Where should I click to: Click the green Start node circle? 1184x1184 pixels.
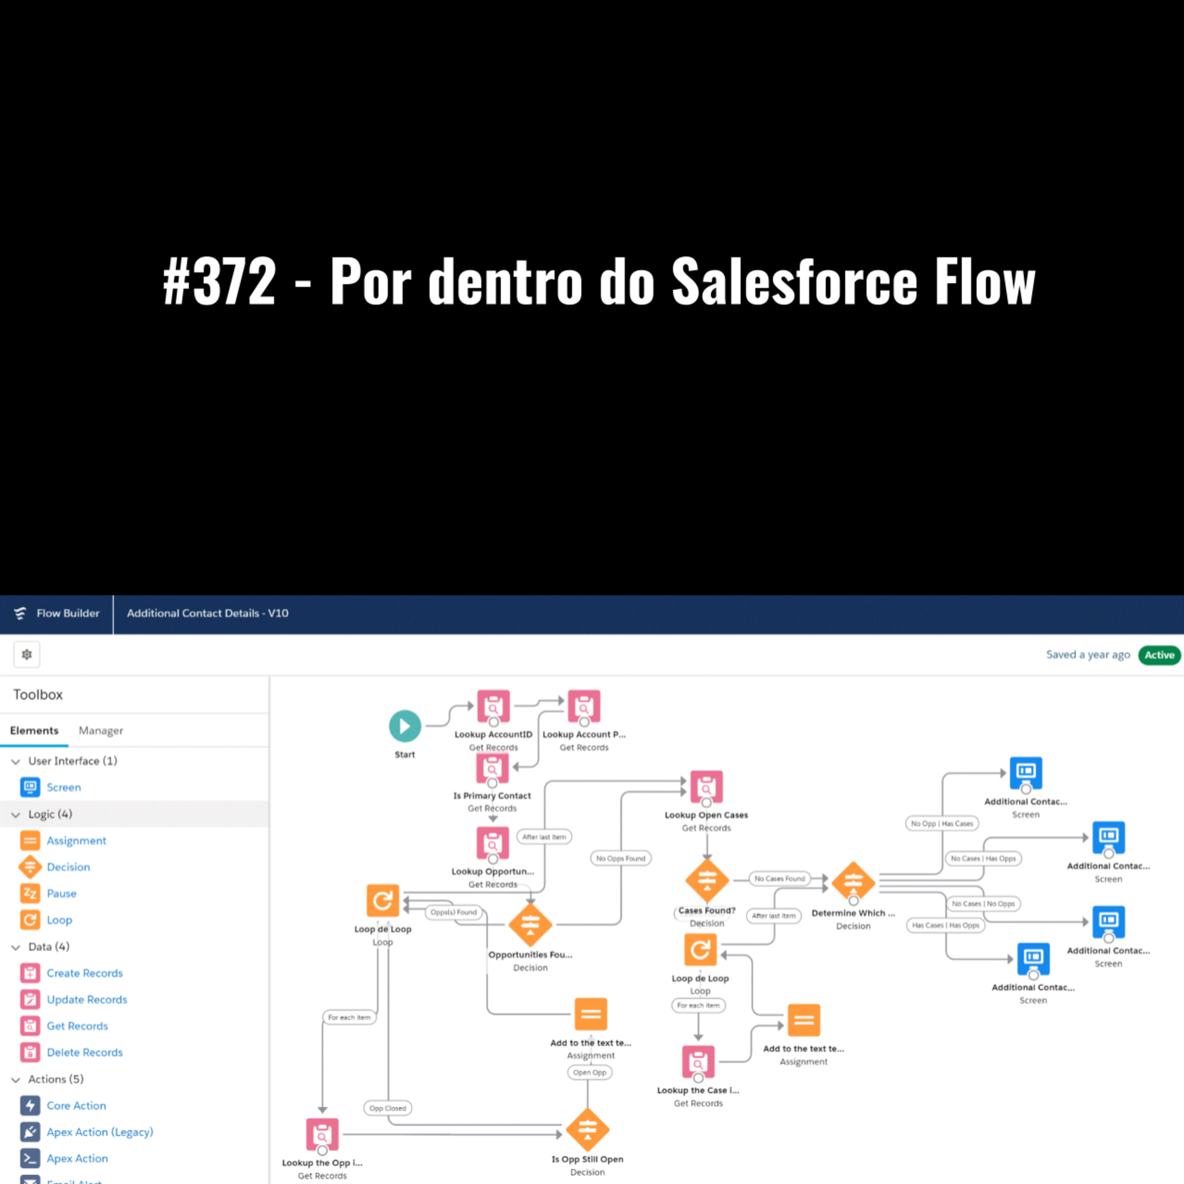tap(405, 726)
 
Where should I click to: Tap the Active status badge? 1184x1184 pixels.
tap(1159, 654)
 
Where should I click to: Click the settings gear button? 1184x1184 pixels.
tap(27, 654)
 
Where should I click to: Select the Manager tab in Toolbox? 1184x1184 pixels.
tap(101, 731)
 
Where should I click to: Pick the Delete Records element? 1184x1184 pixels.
tap(84, 1052)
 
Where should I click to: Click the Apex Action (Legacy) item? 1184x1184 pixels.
tap(99, 1132)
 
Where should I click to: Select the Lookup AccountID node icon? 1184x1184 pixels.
tap(493, 706)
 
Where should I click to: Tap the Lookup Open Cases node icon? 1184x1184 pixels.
tap(706, 786)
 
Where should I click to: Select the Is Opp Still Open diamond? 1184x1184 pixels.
tap(587, 1130)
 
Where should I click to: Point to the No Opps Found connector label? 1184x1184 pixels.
tap(620, 858)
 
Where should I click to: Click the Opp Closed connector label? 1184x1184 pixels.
tap(387, 1108)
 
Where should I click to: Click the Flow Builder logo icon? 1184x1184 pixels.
tap(20, 613)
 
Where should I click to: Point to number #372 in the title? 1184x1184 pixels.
tap(219, 281)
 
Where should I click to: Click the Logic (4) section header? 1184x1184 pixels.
tap(50, 814)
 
